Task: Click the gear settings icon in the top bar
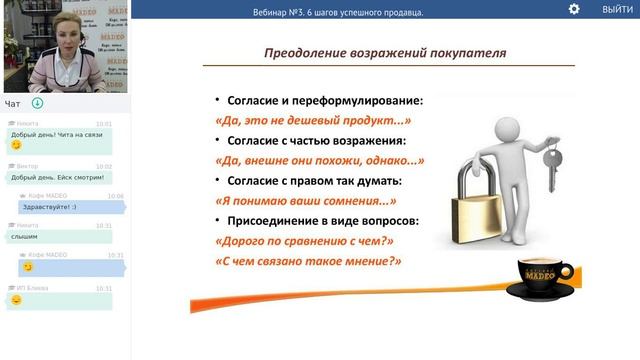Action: [x=574, y=9]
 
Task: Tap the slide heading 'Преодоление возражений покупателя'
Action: [x=385, y=53]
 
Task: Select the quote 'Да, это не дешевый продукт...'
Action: [x=314, y=121]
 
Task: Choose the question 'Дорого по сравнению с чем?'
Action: [x=304, y=240]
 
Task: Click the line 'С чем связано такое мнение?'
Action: [x=308, y=260]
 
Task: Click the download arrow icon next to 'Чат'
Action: [x=37, y=103]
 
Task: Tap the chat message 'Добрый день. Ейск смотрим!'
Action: [x=57, y=177]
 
